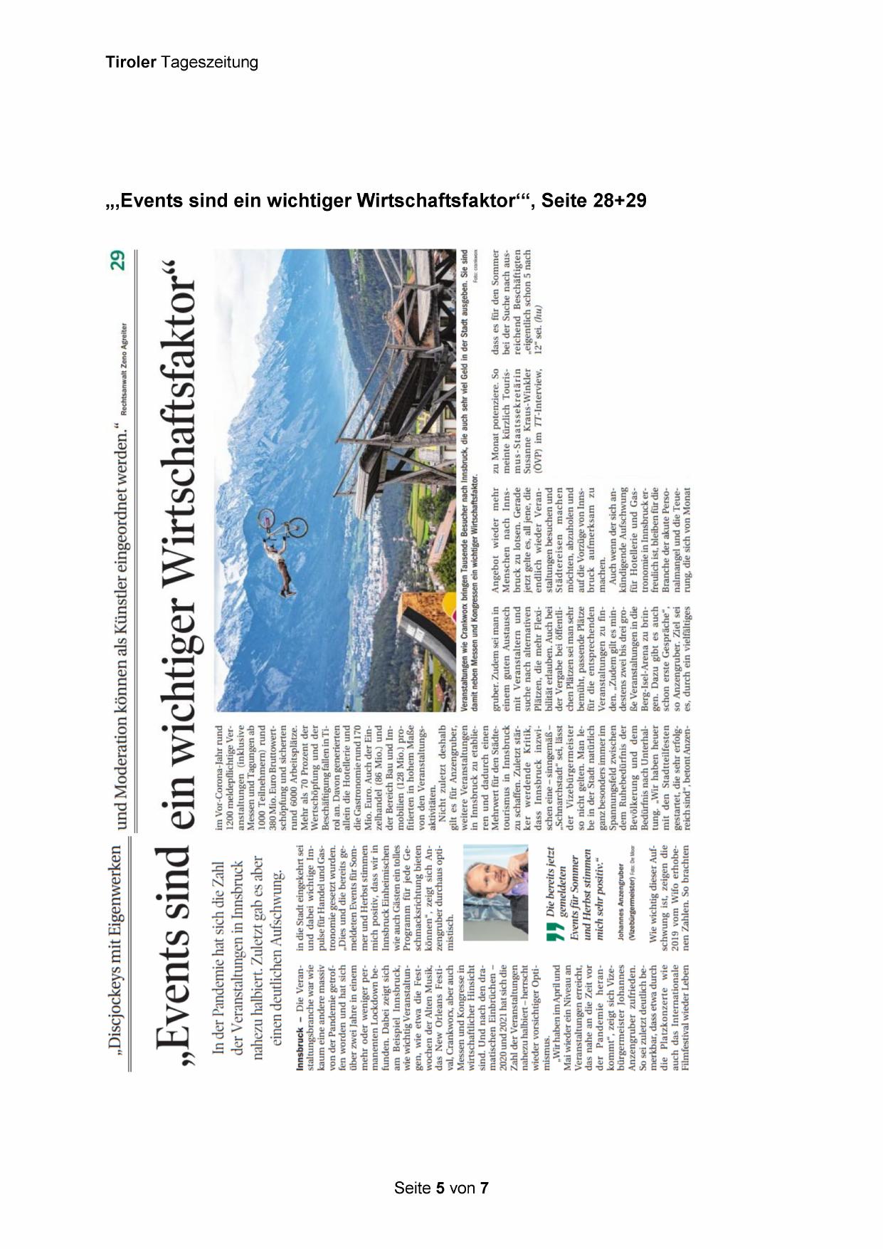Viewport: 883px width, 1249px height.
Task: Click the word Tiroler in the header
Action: (131, 63)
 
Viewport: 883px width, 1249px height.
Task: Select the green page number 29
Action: (118, 260)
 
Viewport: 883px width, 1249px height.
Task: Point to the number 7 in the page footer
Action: (484, 1188)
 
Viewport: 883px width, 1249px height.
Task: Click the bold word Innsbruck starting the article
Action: (300, 1048)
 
